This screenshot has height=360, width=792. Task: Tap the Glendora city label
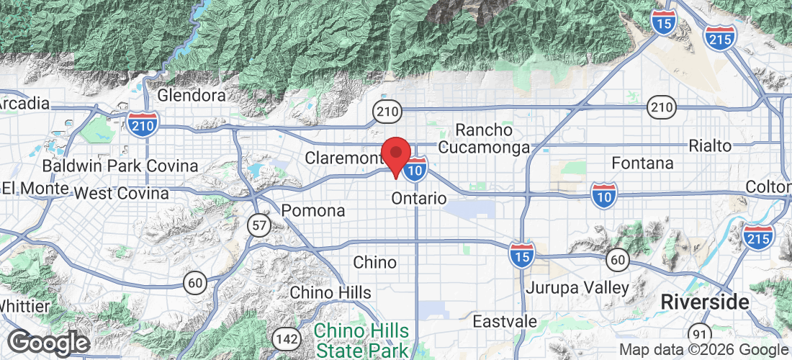(192, 95)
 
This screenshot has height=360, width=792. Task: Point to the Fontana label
(642, 163)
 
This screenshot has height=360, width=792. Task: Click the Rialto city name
(710, 145)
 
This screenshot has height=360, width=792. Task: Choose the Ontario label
(419, 198)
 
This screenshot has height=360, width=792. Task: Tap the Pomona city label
(313, 211)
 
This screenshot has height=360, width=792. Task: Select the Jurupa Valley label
(577, 288)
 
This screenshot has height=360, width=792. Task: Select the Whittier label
(24, 306)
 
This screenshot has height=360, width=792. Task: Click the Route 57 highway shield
(258, 225)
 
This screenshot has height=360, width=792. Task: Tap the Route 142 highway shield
(284, 338)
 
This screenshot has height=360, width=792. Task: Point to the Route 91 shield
(698, 334)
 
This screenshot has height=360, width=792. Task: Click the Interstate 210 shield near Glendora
(143, 124)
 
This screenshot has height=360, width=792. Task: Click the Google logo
(48, 342)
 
